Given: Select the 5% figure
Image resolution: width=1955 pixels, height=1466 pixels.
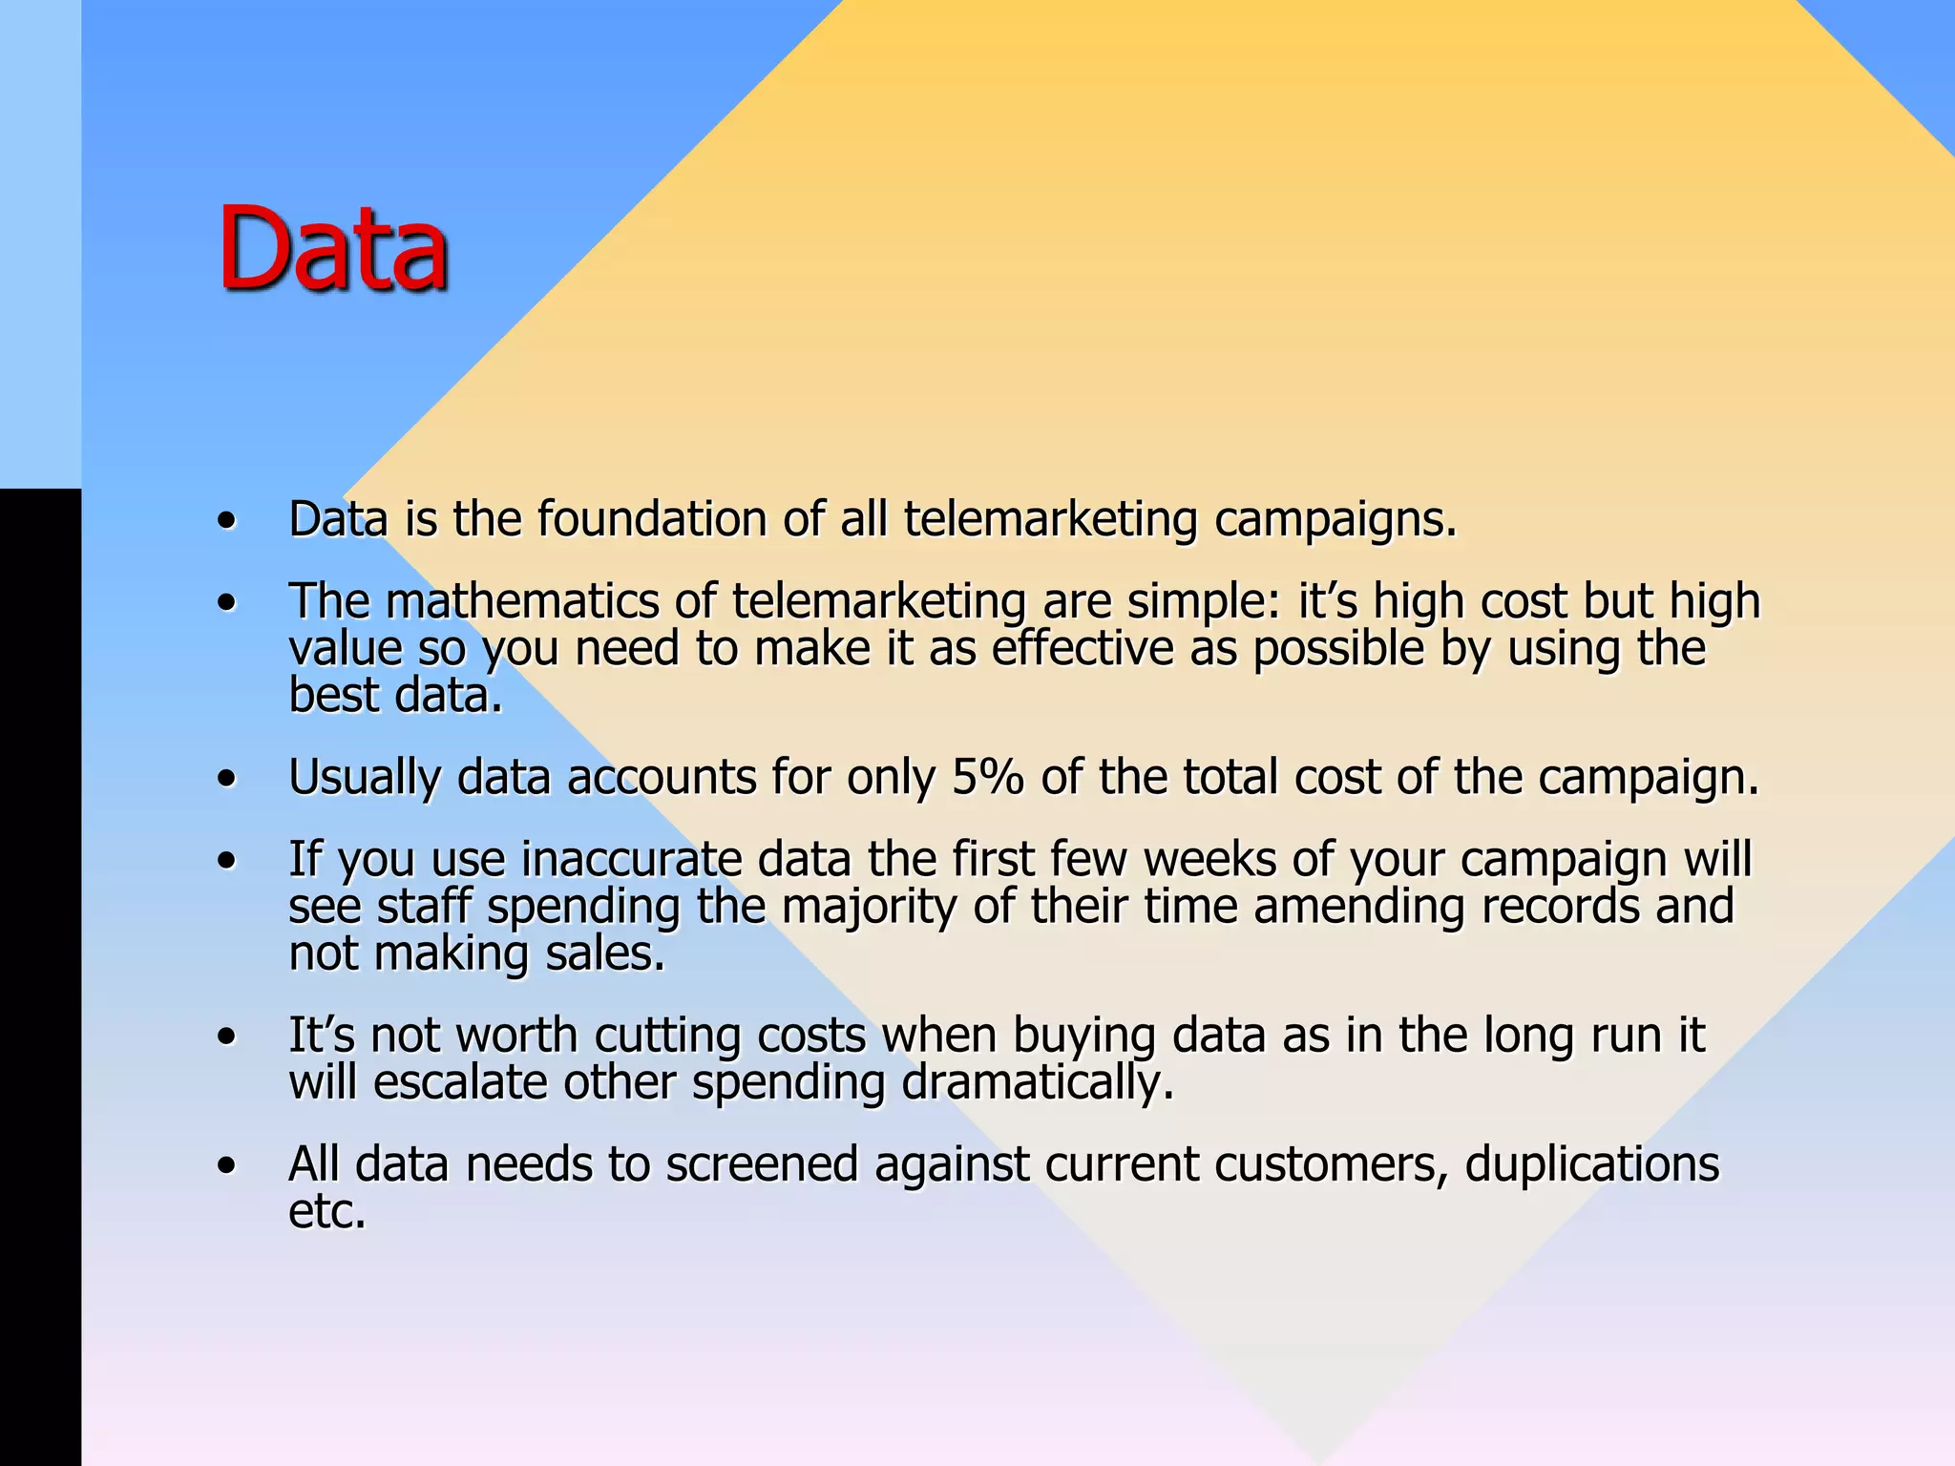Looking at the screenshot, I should click(988, 777).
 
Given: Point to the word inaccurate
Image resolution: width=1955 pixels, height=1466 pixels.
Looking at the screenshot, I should click(632, 859).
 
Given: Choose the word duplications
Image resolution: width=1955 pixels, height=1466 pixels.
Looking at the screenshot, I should click(1591, 1165).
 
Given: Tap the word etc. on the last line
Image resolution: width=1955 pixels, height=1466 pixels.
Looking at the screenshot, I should click(327, 1211).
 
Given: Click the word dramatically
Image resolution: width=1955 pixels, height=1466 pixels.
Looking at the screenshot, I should click(1038, 1084).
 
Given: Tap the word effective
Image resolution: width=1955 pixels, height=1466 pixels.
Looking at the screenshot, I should click(1082, 649).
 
